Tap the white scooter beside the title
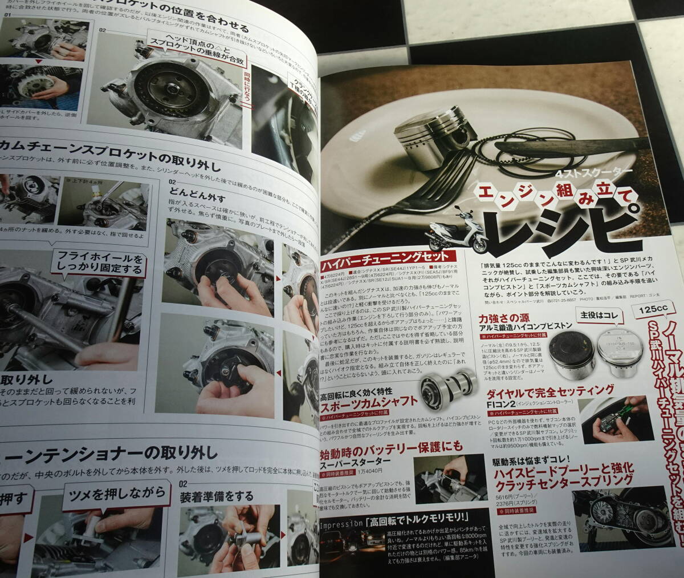click(456, 234)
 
